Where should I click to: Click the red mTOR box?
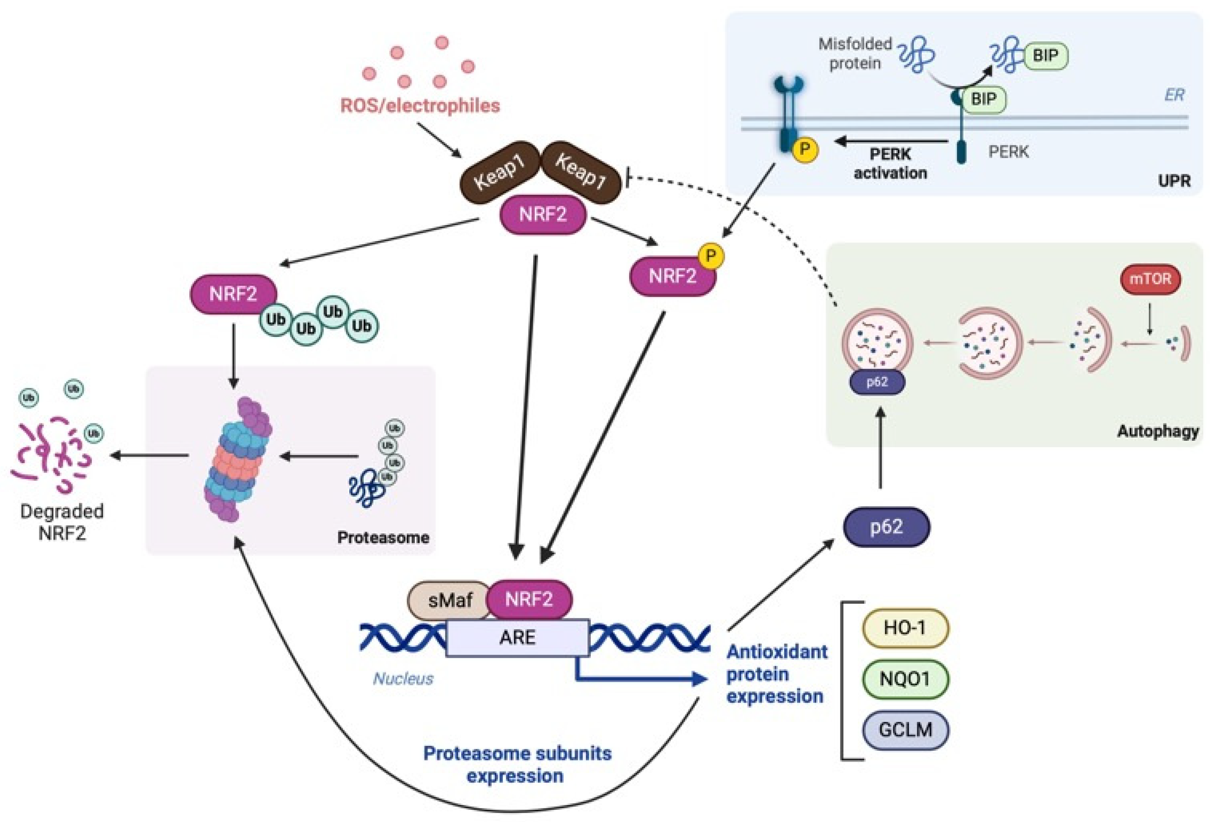coord(1150,279)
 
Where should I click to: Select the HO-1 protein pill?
coord(905,628)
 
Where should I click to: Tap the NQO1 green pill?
coord(905,679)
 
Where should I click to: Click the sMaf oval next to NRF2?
coord(449,600)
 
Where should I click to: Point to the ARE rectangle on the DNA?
coord(517,637)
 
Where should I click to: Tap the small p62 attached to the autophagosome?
coord(877,382)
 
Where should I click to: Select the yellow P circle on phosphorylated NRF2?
coord(711,256)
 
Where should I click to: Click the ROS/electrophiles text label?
coord(420,106)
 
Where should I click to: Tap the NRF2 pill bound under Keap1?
coord(542,214)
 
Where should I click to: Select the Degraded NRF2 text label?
coord(61,522)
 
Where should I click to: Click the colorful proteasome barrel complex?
coord(238,459)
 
